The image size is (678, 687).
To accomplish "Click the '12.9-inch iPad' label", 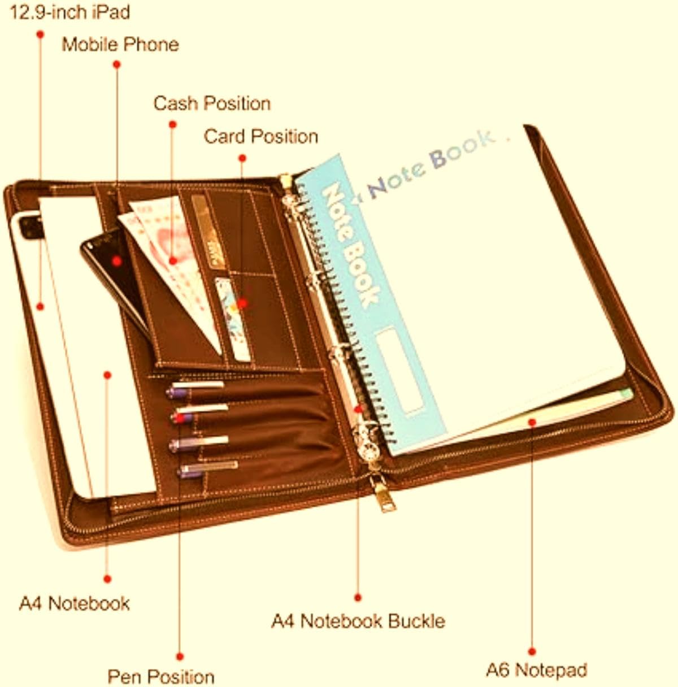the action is [69, 13].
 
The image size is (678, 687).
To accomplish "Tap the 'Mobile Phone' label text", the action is [120, 45].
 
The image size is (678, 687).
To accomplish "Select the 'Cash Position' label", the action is [212, 103].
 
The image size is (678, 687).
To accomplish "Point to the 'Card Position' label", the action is [260, 136].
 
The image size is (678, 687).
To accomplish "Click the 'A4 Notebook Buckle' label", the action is [358, 621].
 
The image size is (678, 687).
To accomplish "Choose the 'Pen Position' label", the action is [161, 676].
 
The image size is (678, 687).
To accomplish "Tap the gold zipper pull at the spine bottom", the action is [384, 494].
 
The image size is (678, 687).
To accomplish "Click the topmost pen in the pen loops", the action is [195, 389].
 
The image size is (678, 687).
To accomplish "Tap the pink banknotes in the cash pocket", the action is [171, 264].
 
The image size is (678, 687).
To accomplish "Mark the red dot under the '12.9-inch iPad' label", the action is [40, 34].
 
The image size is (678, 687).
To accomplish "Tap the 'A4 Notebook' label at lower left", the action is [74, 603].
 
